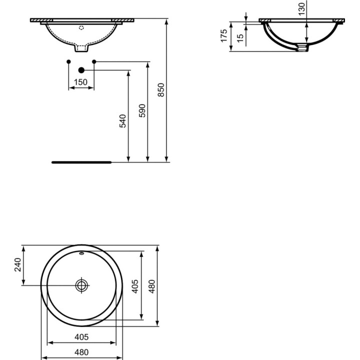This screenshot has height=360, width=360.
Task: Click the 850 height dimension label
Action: tap(160, 89)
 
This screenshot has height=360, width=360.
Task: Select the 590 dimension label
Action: tap(142, 111)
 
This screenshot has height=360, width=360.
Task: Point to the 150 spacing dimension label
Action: tap(81, 82)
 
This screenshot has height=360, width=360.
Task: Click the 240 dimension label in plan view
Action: tap(17, 265)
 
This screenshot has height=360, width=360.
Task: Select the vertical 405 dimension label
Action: tap(135, 286)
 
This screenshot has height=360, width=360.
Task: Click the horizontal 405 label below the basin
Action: tap(81, 337)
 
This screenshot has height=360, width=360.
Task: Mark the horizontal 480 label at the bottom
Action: tap(81, 352)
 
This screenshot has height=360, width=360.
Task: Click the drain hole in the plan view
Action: tap(81, 285)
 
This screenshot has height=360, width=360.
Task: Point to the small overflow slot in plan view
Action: tap(81, 253)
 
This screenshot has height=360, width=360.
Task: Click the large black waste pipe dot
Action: tap(81, 70)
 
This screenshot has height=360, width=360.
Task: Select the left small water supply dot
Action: tap(68, 62)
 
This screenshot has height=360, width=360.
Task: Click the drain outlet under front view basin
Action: tap(81, 48)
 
